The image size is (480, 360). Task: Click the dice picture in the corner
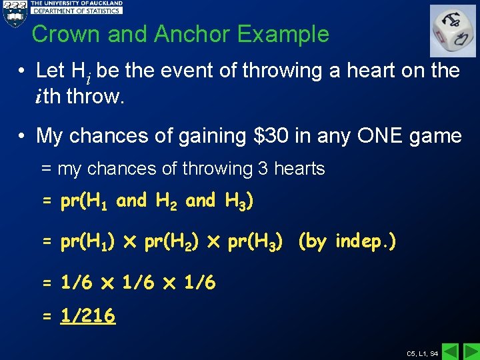click(x=453, y=31)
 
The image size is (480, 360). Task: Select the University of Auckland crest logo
click(x=14, y=13)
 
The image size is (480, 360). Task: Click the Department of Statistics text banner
click(x=77, y=11)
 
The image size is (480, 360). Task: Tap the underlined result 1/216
click(x=87, y=315)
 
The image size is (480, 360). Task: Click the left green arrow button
click(x=451, y=351)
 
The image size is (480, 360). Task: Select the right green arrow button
click(x=471, y=351)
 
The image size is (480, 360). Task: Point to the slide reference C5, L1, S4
click(x=423, y=353)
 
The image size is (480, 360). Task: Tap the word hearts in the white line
click(x=299, y=169)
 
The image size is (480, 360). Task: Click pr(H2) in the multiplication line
click(x=170, y=241)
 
